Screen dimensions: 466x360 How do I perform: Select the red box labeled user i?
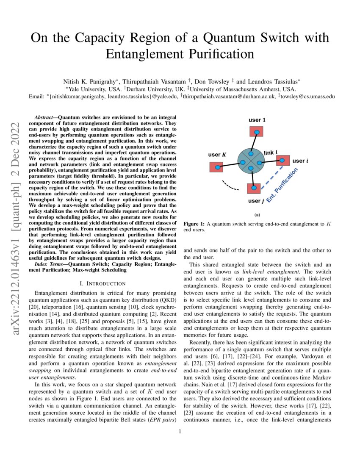coord(282,161)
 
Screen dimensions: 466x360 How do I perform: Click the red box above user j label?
coord(254,188)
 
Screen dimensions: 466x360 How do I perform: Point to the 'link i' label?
coord(271,152)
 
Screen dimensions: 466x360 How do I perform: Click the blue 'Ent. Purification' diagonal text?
coord(282,185)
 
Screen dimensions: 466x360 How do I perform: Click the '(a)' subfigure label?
coord(257,215)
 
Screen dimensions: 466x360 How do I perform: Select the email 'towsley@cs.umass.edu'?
coord(307,96)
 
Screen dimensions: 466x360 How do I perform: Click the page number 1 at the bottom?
coord(180,432)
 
